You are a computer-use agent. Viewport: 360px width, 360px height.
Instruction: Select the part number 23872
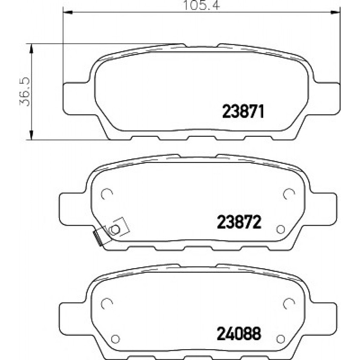[239, 222]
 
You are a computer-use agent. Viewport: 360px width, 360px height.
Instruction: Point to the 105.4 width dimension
[201, 5]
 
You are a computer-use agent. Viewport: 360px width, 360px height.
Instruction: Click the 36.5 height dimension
[25, 91]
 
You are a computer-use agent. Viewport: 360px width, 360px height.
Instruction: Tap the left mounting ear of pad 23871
[76, 98]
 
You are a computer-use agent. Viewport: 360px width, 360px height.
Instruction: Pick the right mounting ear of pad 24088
[322, 319]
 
